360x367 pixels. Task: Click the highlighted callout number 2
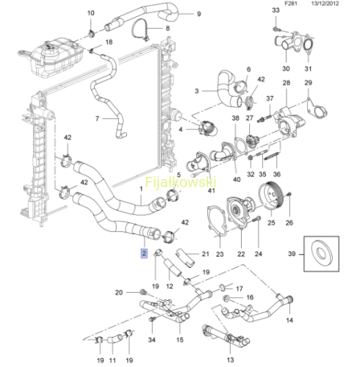click(x=144, y=253)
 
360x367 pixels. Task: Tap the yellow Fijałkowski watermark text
click(x=181, y=182)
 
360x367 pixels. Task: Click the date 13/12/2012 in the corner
click(x=325, y=4)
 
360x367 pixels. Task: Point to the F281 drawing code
click(x=290, y=4)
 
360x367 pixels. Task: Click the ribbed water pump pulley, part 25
click(x=271, y=195)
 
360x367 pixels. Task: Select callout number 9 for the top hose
click(x=199, y=14)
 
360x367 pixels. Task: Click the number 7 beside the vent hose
click(x=97, y=119)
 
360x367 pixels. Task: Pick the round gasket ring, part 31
click(x=308, y=46)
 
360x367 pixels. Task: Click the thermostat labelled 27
click(x=251, y=142)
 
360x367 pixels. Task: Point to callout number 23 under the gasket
click(x=220, y=254)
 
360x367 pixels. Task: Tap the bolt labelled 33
click(x=276, y=29)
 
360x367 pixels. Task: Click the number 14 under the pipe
click(x=289, y=320)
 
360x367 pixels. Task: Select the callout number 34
click(x=151, y=340)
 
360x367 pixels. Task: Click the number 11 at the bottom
click(x=112, y=360)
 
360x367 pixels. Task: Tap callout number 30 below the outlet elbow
click(x=286, y=68)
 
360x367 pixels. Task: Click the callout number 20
click(x=119, y=292)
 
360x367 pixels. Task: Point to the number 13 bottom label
click(x=230, y=360)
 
